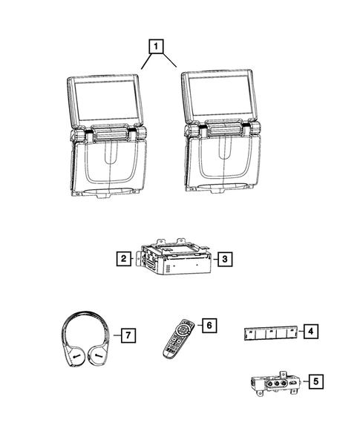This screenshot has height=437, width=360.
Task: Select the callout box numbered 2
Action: coord(120,259)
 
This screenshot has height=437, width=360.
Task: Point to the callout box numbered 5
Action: coord(315,382)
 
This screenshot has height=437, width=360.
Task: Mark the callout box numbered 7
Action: coord(128,336)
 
